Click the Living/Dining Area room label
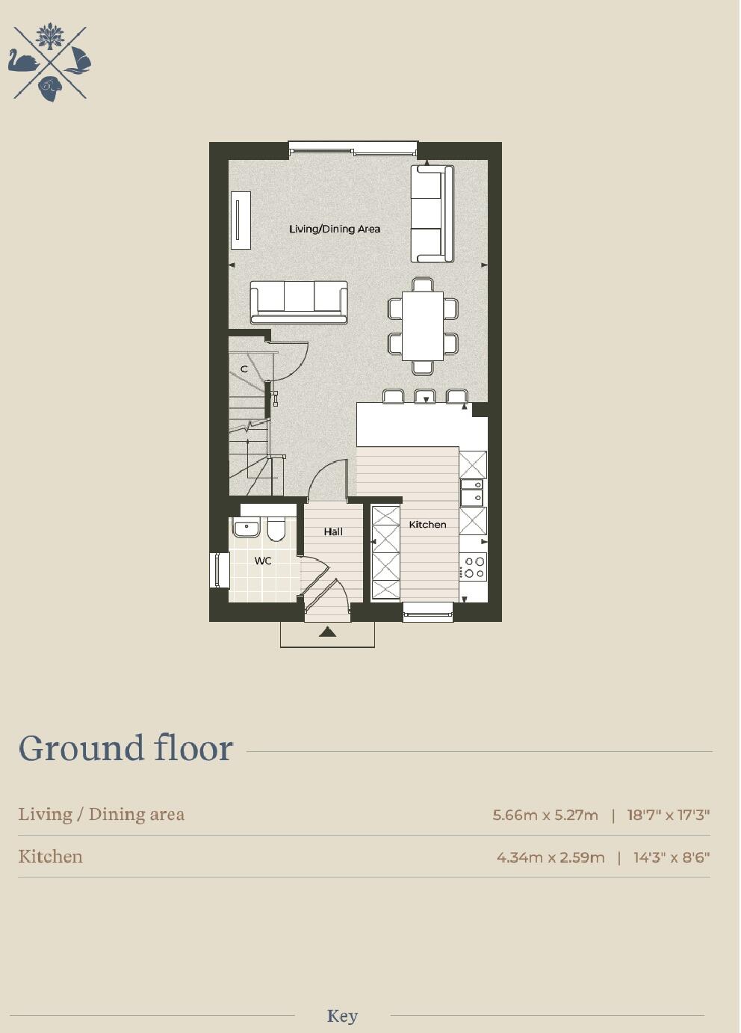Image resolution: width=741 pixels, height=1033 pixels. pos(335,229)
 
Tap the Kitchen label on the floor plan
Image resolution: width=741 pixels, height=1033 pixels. pos(427,525)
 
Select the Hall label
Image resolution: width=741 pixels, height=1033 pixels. pos(333,532)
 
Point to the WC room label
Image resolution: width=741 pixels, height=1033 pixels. pos(263,561)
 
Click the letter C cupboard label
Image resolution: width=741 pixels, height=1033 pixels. pos(244,369)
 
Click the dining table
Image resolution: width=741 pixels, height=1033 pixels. pos(423,326)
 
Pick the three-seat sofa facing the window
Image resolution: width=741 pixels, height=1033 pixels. pos(299,301)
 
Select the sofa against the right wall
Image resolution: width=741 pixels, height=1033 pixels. pos(432,214)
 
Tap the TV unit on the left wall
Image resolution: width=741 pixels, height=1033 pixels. pos(241,220)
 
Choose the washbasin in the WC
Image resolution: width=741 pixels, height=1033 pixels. pos(246,528)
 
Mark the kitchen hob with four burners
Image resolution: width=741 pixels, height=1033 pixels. pos(474,567)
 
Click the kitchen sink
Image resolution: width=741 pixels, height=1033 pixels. pos(472,493)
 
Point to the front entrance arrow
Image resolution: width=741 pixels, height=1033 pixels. pos(327,632)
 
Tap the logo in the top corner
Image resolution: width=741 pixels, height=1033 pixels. pos(50,63)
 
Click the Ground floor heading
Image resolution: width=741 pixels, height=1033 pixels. pos(126,748)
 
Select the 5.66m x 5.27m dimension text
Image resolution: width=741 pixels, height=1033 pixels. pos(545,815)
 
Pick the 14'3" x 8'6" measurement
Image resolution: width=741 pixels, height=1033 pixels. pos(672,857)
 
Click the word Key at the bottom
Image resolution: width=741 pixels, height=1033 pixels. pos(342,1017)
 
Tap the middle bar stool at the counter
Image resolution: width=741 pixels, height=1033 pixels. pos(425,396)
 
